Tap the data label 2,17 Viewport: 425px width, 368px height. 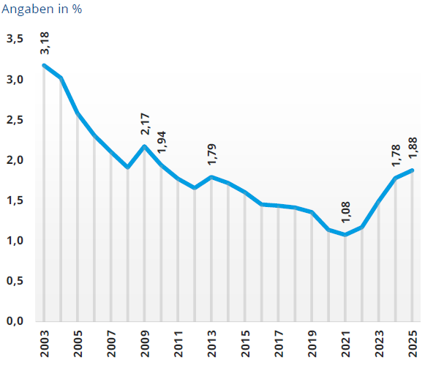pyautogui.click(x=146, y=123)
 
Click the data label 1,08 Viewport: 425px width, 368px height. pyautogui.click(x=346, y=212)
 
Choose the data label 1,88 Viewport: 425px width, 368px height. pyautogui.click(x=413, y=148)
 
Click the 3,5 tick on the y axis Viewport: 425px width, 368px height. pyautogui.click(x=15, y=39)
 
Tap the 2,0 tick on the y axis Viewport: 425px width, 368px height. pyautogui.click(x=15, y=160)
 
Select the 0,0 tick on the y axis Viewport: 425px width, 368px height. pyautogui.click(x=15, y=321)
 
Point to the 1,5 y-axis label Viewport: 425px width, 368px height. pyautogui.click(x=15, y=200)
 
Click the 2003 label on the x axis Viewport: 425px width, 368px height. pyautogui.click(x=44, y=345)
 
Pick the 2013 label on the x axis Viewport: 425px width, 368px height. pyautogui.click(x=211, y=345)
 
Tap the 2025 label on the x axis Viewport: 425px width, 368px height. pyautogui.click(x=413, y=345)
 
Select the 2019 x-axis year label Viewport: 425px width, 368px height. pyautogui.click(x=312, y=345)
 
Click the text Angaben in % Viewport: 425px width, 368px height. pyautogui.click(x=41, y=10)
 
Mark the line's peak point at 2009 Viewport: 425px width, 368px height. pyautogui.click(x=145, y=146)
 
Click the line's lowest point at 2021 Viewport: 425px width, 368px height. pyautogui.click(x=346, y=234)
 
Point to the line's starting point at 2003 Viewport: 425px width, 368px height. pyautogui.click(x=45, y=65)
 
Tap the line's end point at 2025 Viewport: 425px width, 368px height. pyautogui.click(x=413, y=170)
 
